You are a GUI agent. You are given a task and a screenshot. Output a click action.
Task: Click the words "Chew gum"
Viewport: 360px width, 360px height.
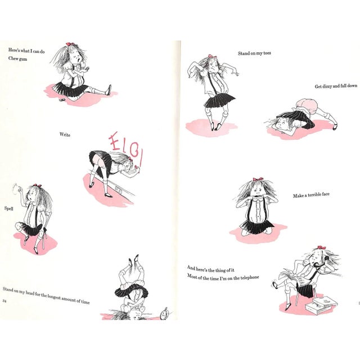pos(17,58)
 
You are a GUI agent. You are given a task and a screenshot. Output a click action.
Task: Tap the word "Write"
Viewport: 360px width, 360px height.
pos(65,135)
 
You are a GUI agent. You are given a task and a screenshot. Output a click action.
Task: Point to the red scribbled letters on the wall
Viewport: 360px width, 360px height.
pos(124,148)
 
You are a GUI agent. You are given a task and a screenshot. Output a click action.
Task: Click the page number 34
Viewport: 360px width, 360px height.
pos(4,301)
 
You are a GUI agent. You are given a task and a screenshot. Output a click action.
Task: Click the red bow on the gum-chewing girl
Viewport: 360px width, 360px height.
pos(70,44)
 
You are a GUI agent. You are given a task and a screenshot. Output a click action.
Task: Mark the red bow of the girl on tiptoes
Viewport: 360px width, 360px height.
pos(210,56)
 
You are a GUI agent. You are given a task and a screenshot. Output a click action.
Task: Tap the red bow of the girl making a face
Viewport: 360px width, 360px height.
pos(258,179)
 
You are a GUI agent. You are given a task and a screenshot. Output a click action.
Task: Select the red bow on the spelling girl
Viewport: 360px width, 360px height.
pos(37,186)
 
